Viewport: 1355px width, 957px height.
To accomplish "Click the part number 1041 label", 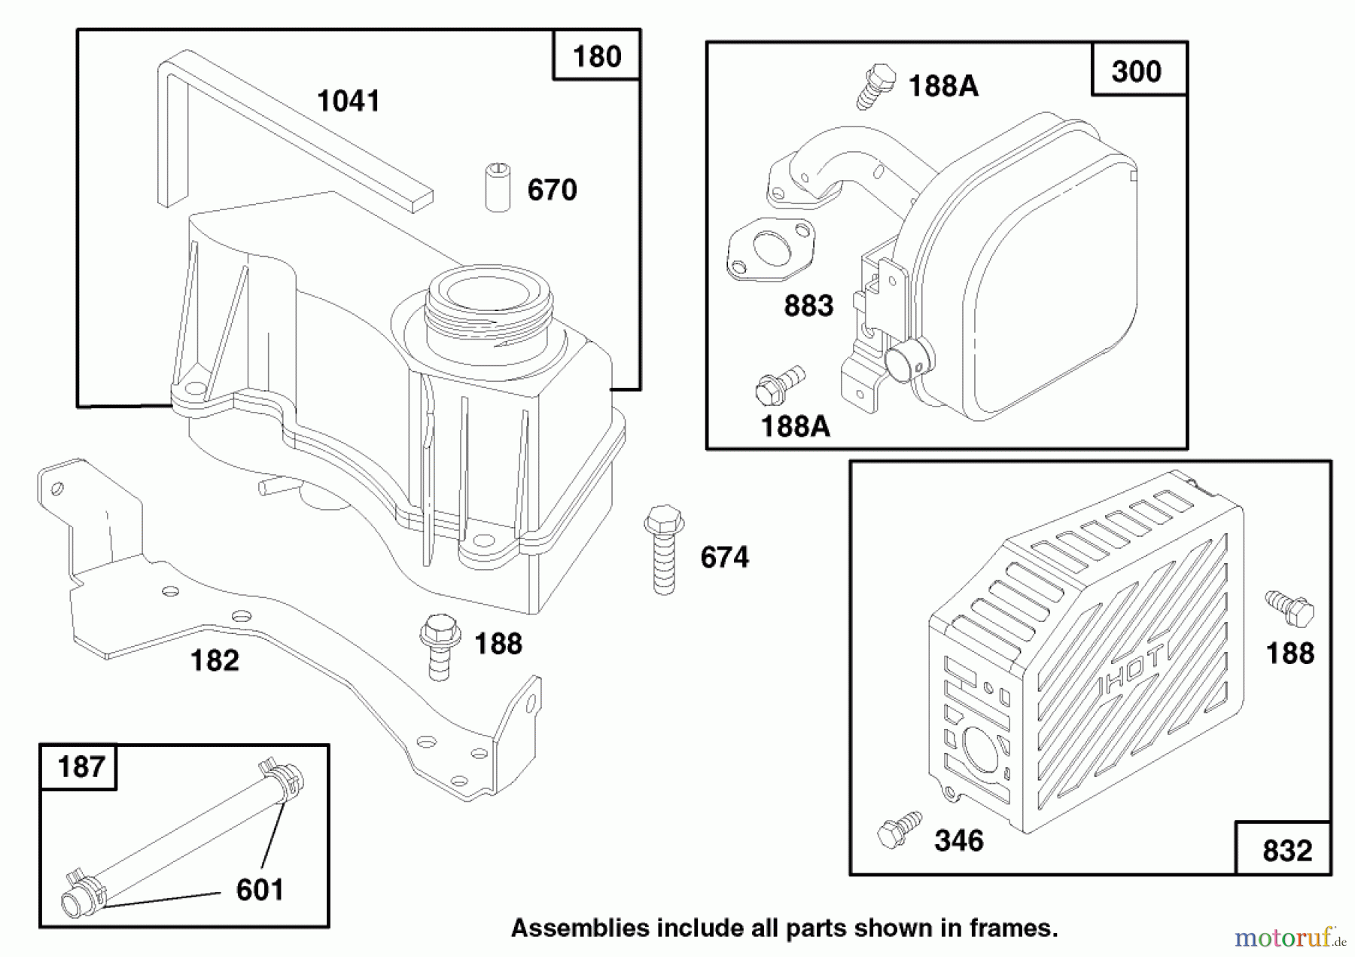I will [348, 101].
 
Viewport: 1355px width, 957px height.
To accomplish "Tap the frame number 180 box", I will [596, 56].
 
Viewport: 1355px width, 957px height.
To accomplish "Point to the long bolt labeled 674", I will [664, 550].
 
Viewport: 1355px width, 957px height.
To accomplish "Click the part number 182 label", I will [215, 660].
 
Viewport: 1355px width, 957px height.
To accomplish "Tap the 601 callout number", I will [260, 889].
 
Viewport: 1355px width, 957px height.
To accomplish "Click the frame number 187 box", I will [80, 767].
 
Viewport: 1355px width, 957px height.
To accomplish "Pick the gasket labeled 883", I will [770, 249].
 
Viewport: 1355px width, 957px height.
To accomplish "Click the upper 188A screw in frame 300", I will [875, 86].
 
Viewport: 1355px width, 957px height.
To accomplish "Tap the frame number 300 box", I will [1136, 72].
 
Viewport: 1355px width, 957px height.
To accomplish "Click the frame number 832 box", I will [1286, 850].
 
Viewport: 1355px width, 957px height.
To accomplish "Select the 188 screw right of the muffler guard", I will [1290, 608].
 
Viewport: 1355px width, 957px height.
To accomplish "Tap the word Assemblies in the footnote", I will [580, 928].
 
